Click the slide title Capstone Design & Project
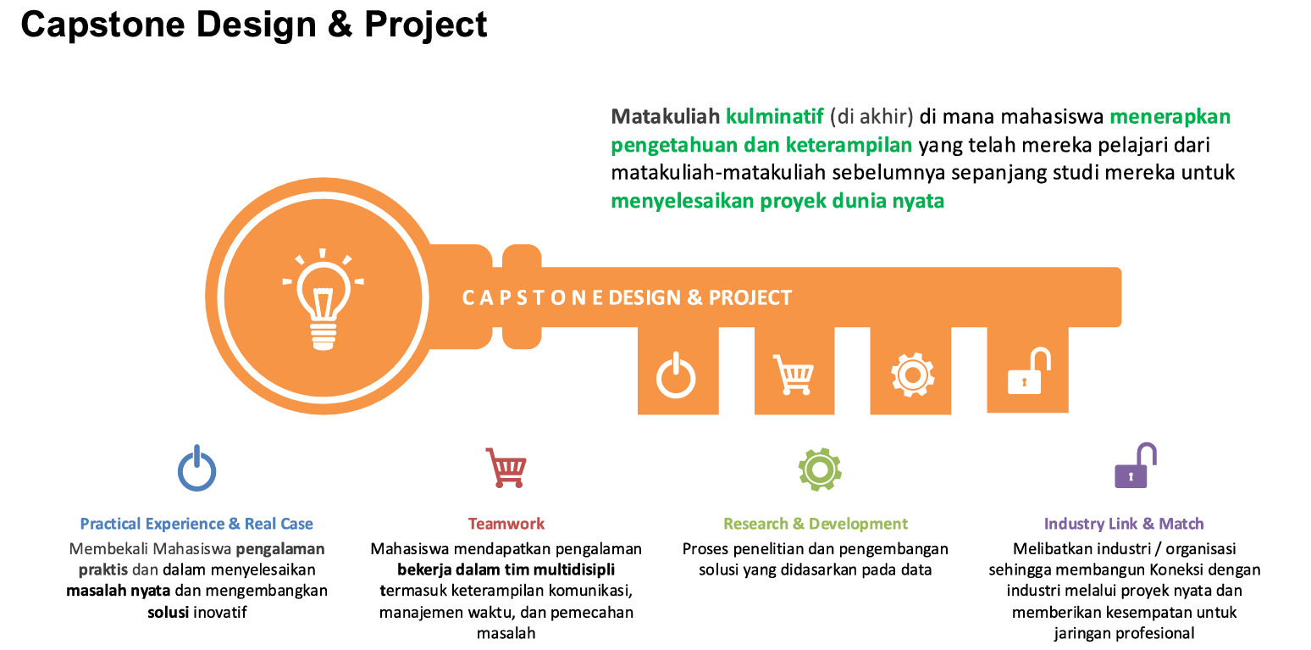coord(254,25)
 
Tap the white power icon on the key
coord(676,375)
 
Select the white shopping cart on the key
coord(794,375)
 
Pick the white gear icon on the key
coord(912,375)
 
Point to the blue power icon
coord(196,469)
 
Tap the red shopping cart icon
coord(506,468)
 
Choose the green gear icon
coord(819,469)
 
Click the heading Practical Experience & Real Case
coord(196,524)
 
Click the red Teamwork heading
coord(506,524)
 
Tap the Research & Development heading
coord(815,524)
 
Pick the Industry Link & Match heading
coord(1124,524)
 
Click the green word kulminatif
coord(774,116)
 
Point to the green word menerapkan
coord(1170,116)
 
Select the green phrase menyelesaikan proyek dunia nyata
coord(777,202)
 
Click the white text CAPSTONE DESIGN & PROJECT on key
coord(627,298)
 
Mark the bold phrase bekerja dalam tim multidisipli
coord(506,569)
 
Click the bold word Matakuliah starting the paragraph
coord(665,116)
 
